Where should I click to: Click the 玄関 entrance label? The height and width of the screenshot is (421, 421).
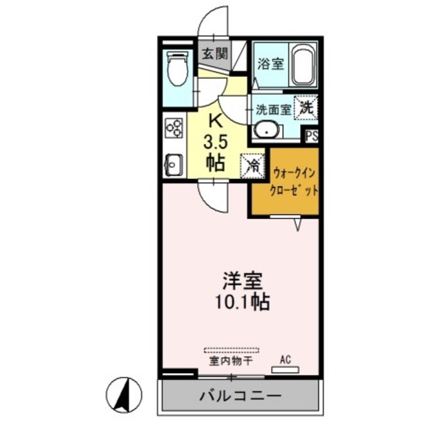point(212,54)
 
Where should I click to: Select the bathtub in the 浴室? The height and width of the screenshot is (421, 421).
point(303,66)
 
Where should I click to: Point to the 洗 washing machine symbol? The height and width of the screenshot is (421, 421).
point(307,106)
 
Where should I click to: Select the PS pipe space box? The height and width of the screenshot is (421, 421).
point(312,136)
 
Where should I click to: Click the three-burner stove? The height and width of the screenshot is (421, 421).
point(174,126)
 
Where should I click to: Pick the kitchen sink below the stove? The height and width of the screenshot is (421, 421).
point(173,163)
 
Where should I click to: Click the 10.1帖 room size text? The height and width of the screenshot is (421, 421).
point(241,302)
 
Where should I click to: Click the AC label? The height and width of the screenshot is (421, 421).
point(285,359)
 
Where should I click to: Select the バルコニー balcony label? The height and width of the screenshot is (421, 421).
point(240,396)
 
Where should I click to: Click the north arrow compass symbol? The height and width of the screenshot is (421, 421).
point(124,394)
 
